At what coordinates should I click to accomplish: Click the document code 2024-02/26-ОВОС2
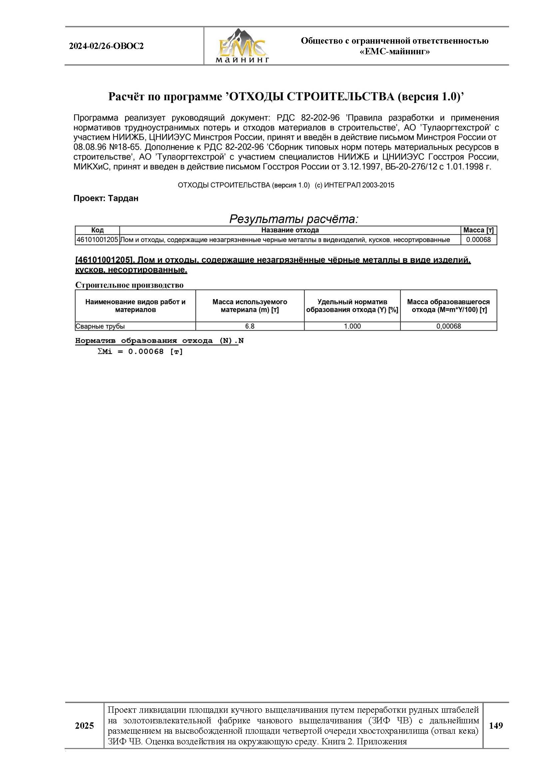[106, 46]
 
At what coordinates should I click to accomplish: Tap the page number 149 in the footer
[495, 725]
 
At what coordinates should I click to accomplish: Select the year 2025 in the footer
[85, 726]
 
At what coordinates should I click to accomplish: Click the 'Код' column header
[97, 230]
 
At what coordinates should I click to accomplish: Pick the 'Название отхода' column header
[290, 230]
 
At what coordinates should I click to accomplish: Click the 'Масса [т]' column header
[478, 230]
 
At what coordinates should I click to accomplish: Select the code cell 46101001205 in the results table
[97, 239]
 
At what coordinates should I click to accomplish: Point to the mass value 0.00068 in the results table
[478, 239]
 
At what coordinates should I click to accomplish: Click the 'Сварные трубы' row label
[100, 326]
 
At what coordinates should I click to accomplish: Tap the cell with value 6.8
[250, 326]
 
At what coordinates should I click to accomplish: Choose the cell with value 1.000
[352, 326]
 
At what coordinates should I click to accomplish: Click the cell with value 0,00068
[448, 326]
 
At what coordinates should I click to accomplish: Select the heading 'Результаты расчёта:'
[294, 219]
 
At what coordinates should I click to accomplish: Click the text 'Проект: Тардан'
[106, 198]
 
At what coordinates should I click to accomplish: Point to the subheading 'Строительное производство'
[129, 285]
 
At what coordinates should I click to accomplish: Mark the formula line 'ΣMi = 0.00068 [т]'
[140, 352]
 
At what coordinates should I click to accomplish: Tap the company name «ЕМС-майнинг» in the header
[395, 52]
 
